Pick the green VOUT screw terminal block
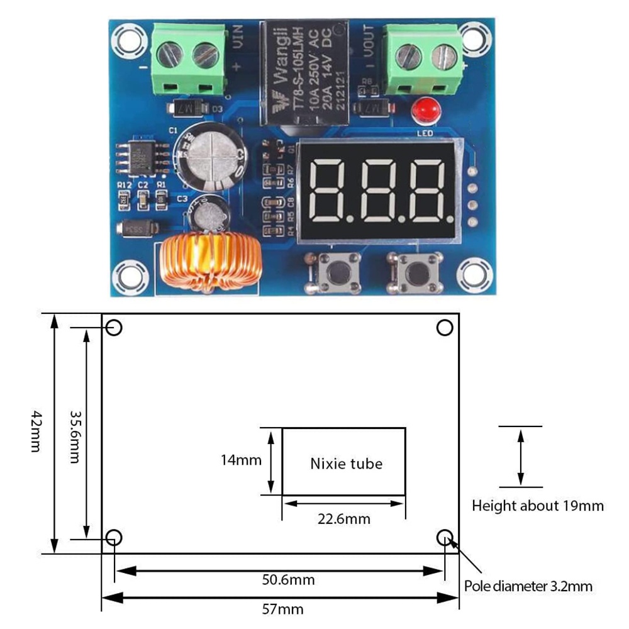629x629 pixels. coord(425,58)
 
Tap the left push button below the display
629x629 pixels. coord(334,272)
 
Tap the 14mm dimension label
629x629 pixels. coord(241,460)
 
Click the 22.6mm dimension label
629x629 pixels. coord(343,520)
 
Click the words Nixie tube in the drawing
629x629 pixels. coord(346,464)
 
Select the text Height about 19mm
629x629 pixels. coord(537,505)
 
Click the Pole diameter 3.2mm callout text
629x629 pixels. coord(528,586)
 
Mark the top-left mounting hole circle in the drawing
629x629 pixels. coord(114,328)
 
